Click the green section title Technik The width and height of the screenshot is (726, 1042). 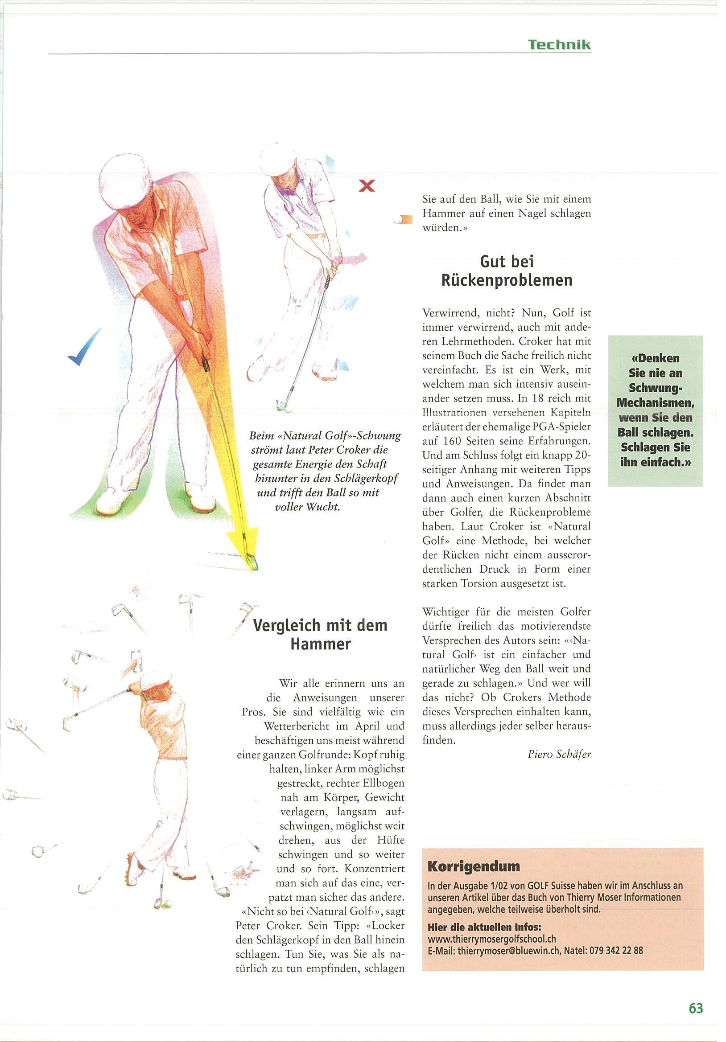tap(559, 45)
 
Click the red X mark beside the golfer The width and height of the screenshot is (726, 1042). tap(367, 185)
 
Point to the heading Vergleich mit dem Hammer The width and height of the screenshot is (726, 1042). tap(320, 635)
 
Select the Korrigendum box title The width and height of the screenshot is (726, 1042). tap(474, 866)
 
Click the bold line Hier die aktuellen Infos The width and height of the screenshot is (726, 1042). tap(484, 927)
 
